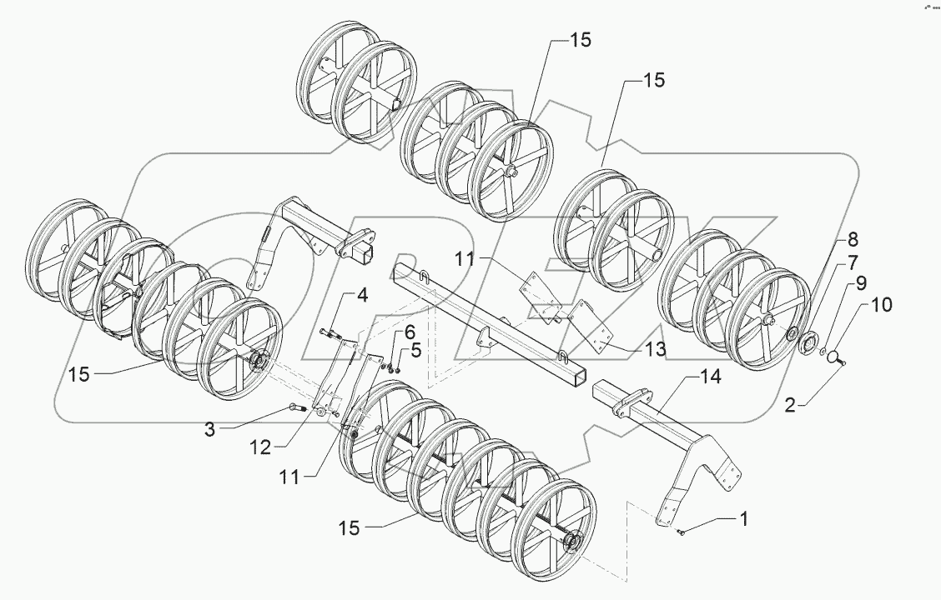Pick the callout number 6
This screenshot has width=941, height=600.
pos(410,332)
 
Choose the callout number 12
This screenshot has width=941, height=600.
pos(261,447)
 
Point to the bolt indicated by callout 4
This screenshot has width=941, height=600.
pos(328,334)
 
